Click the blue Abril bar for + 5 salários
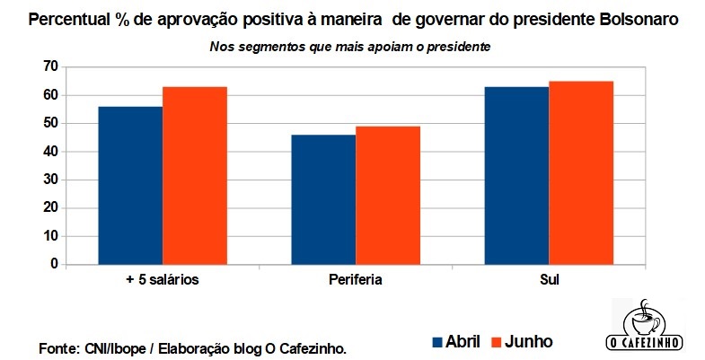click(x=130, y=186)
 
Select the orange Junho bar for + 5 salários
click(x=194, y=176)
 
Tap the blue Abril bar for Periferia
click(x=323, y=199)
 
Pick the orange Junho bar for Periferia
click(x=387, y=196)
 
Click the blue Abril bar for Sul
click(x=516, y=176)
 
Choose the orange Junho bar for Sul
click(x=580, y=173)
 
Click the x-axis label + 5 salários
click(x=163, y=280)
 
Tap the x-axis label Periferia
click(x=356, y=280)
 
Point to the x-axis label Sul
click(x=549, y=280)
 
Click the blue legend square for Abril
click(x=438, y=342)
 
